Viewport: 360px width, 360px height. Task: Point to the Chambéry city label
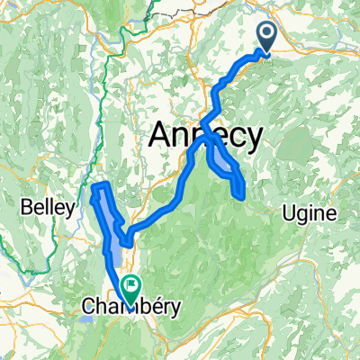[131, 307]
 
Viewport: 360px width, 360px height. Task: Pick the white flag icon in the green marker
[131, 286]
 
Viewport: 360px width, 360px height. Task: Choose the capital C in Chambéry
[89, 307]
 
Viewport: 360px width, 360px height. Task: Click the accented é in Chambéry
[148, 307]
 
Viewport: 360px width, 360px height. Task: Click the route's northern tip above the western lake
[102, 185]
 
